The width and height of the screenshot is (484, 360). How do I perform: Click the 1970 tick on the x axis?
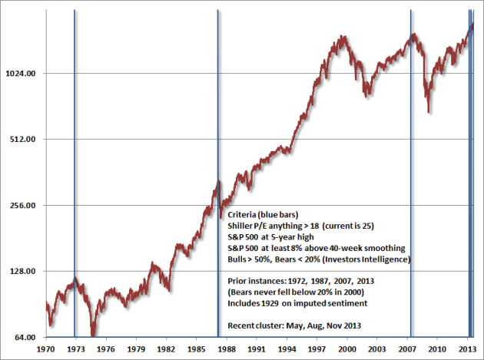[47, 348]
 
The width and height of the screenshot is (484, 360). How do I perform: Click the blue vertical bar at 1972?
[75, 154]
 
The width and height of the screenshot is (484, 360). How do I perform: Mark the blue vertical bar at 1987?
[218, 115]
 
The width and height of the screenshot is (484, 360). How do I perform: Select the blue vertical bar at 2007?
[412, 154]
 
